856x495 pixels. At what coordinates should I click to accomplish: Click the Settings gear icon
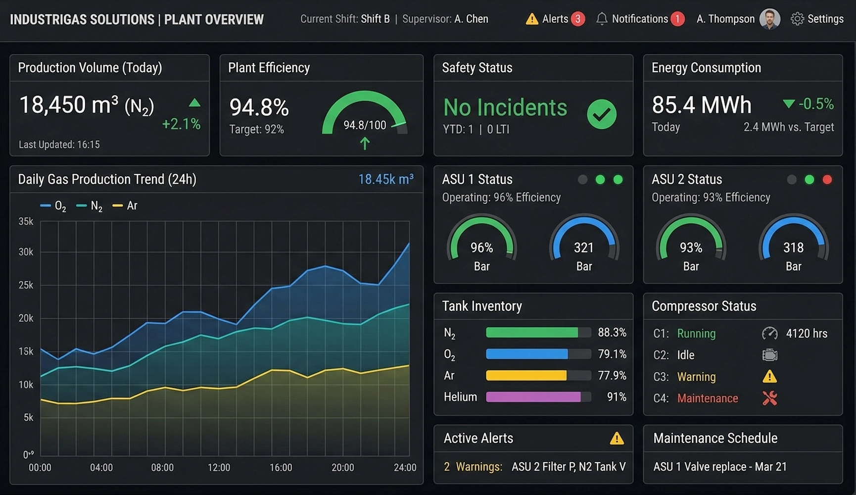797,19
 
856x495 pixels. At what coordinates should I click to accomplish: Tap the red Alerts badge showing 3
577,19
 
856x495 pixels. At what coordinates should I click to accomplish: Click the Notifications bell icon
602,19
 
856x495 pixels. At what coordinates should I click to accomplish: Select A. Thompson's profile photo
769,19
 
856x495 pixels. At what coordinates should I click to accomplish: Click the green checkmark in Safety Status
602,114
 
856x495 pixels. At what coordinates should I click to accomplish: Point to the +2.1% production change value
181,124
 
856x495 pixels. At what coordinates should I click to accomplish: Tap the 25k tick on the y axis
26,285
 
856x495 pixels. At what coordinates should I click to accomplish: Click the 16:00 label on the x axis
281,468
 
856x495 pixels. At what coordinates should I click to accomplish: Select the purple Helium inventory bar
533,397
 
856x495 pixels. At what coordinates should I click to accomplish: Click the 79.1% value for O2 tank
612,354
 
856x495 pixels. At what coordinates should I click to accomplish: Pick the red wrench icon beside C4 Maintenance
769,398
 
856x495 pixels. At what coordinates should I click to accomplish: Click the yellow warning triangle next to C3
769,377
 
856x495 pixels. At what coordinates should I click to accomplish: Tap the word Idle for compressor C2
685,355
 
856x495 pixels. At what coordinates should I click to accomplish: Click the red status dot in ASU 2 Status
827,180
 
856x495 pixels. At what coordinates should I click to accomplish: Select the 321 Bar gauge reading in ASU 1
584,247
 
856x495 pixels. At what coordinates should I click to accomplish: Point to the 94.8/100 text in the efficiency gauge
365,125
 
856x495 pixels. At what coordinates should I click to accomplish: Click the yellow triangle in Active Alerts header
617,439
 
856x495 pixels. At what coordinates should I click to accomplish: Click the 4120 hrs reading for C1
807,334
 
